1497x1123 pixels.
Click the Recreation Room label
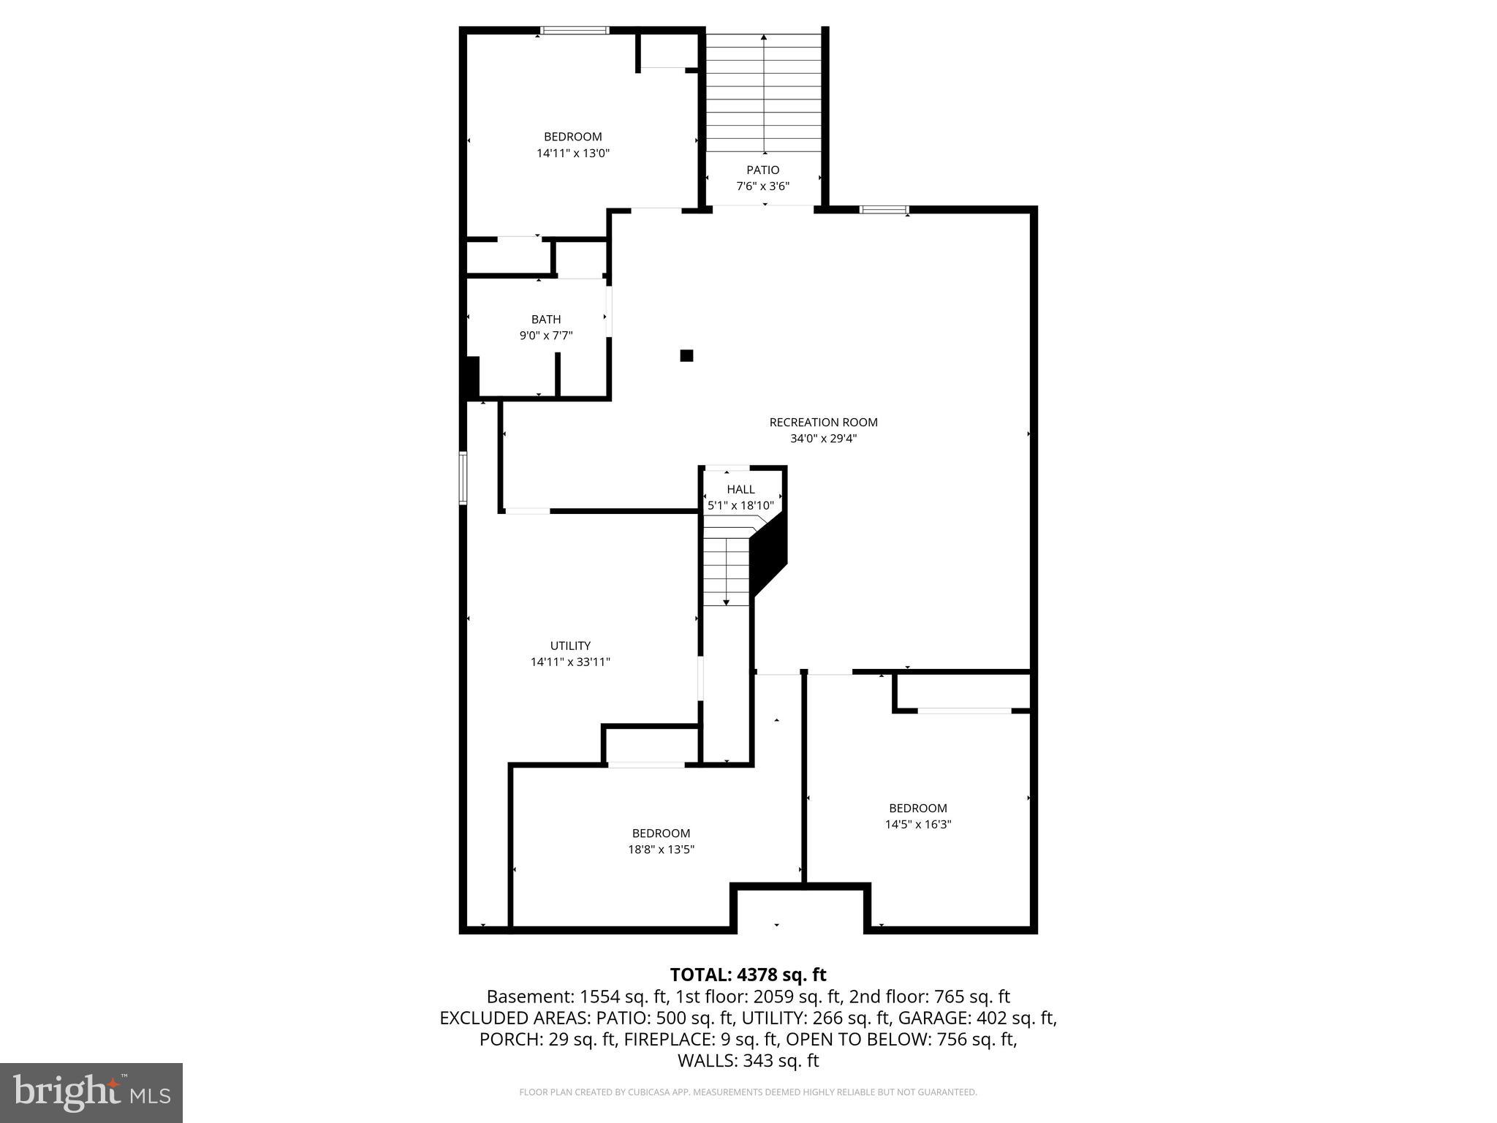[823, 422]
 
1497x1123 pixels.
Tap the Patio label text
[762, 170]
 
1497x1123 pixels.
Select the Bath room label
[546, 319]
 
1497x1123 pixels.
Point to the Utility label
[570, 646]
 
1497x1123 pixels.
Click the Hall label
[740, 490]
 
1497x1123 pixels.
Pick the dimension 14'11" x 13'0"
[573, 154]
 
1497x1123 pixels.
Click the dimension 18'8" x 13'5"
[661, 850]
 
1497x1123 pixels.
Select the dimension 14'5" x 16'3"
[917, 824]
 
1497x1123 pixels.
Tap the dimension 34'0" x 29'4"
[823, 439]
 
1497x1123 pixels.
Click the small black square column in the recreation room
[686, 356]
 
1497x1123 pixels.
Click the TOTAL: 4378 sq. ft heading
[748, 975]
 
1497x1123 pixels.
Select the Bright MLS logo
[91, 1092]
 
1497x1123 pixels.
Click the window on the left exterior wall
[463, 477]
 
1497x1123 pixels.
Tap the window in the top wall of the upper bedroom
[575, 31]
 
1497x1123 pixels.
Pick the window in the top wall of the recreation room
[884, 210]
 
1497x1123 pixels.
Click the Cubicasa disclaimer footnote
[748, 1092]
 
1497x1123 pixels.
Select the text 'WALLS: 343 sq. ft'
[748, 1060]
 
